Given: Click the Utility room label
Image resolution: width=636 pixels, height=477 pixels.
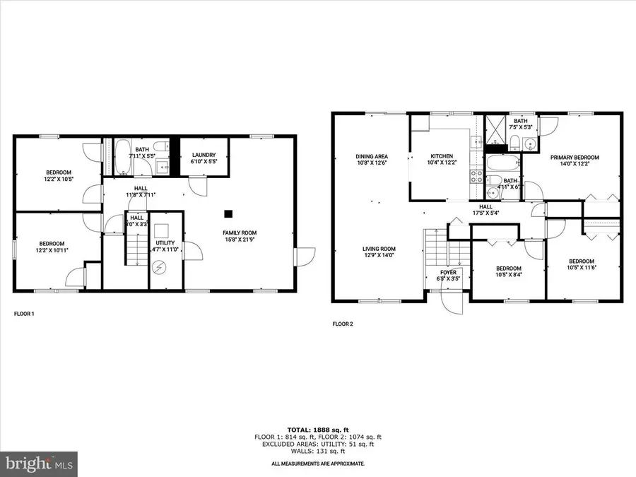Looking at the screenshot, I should tap(166, 245).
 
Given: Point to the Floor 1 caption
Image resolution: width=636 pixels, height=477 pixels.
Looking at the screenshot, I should tap(24, 313).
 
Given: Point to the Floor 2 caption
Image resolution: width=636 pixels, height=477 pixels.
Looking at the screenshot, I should tap(343, 324).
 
